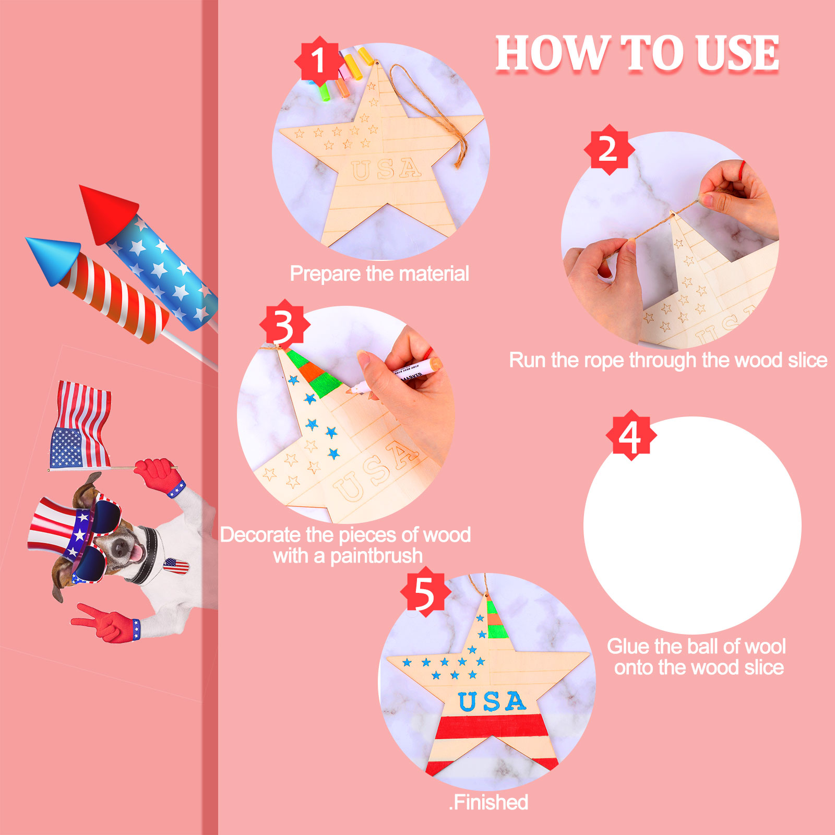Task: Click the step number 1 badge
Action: (x=319, y=61)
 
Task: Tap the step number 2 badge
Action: (x=609, y=149)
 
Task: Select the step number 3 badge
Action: (x=284, y=325)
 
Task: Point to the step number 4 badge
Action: (x=631, y=435)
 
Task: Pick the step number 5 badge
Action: (x=425, y=592)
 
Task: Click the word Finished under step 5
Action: (x=491, y=802)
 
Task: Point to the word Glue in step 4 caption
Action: (x=628, y=646)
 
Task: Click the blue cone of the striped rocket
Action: (x=52, y=258)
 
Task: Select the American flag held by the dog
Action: (x=80, y=425)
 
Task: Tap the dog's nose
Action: (x=121, y=546)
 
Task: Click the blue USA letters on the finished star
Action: (x=492, y=701)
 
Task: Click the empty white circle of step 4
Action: (x=692, y=525)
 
